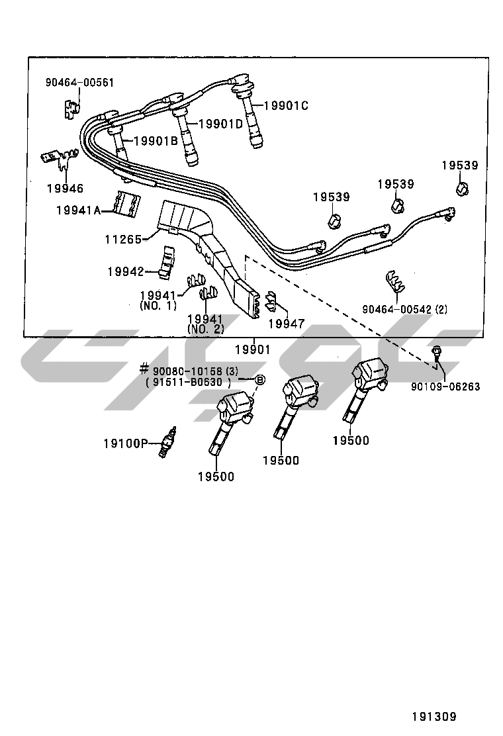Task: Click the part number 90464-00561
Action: point(79,83)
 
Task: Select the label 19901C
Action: point(287,105)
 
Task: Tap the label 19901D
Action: point(221,124)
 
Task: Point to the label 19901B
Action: point(156,140)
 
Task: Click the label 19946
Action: point(65,189)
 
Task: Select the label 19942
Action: point(126,271)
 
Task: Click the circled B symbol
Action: point(260,380)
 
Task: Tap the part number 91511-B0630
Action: point(188,382)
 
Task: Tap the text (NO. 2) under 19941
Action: point(206,329)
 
